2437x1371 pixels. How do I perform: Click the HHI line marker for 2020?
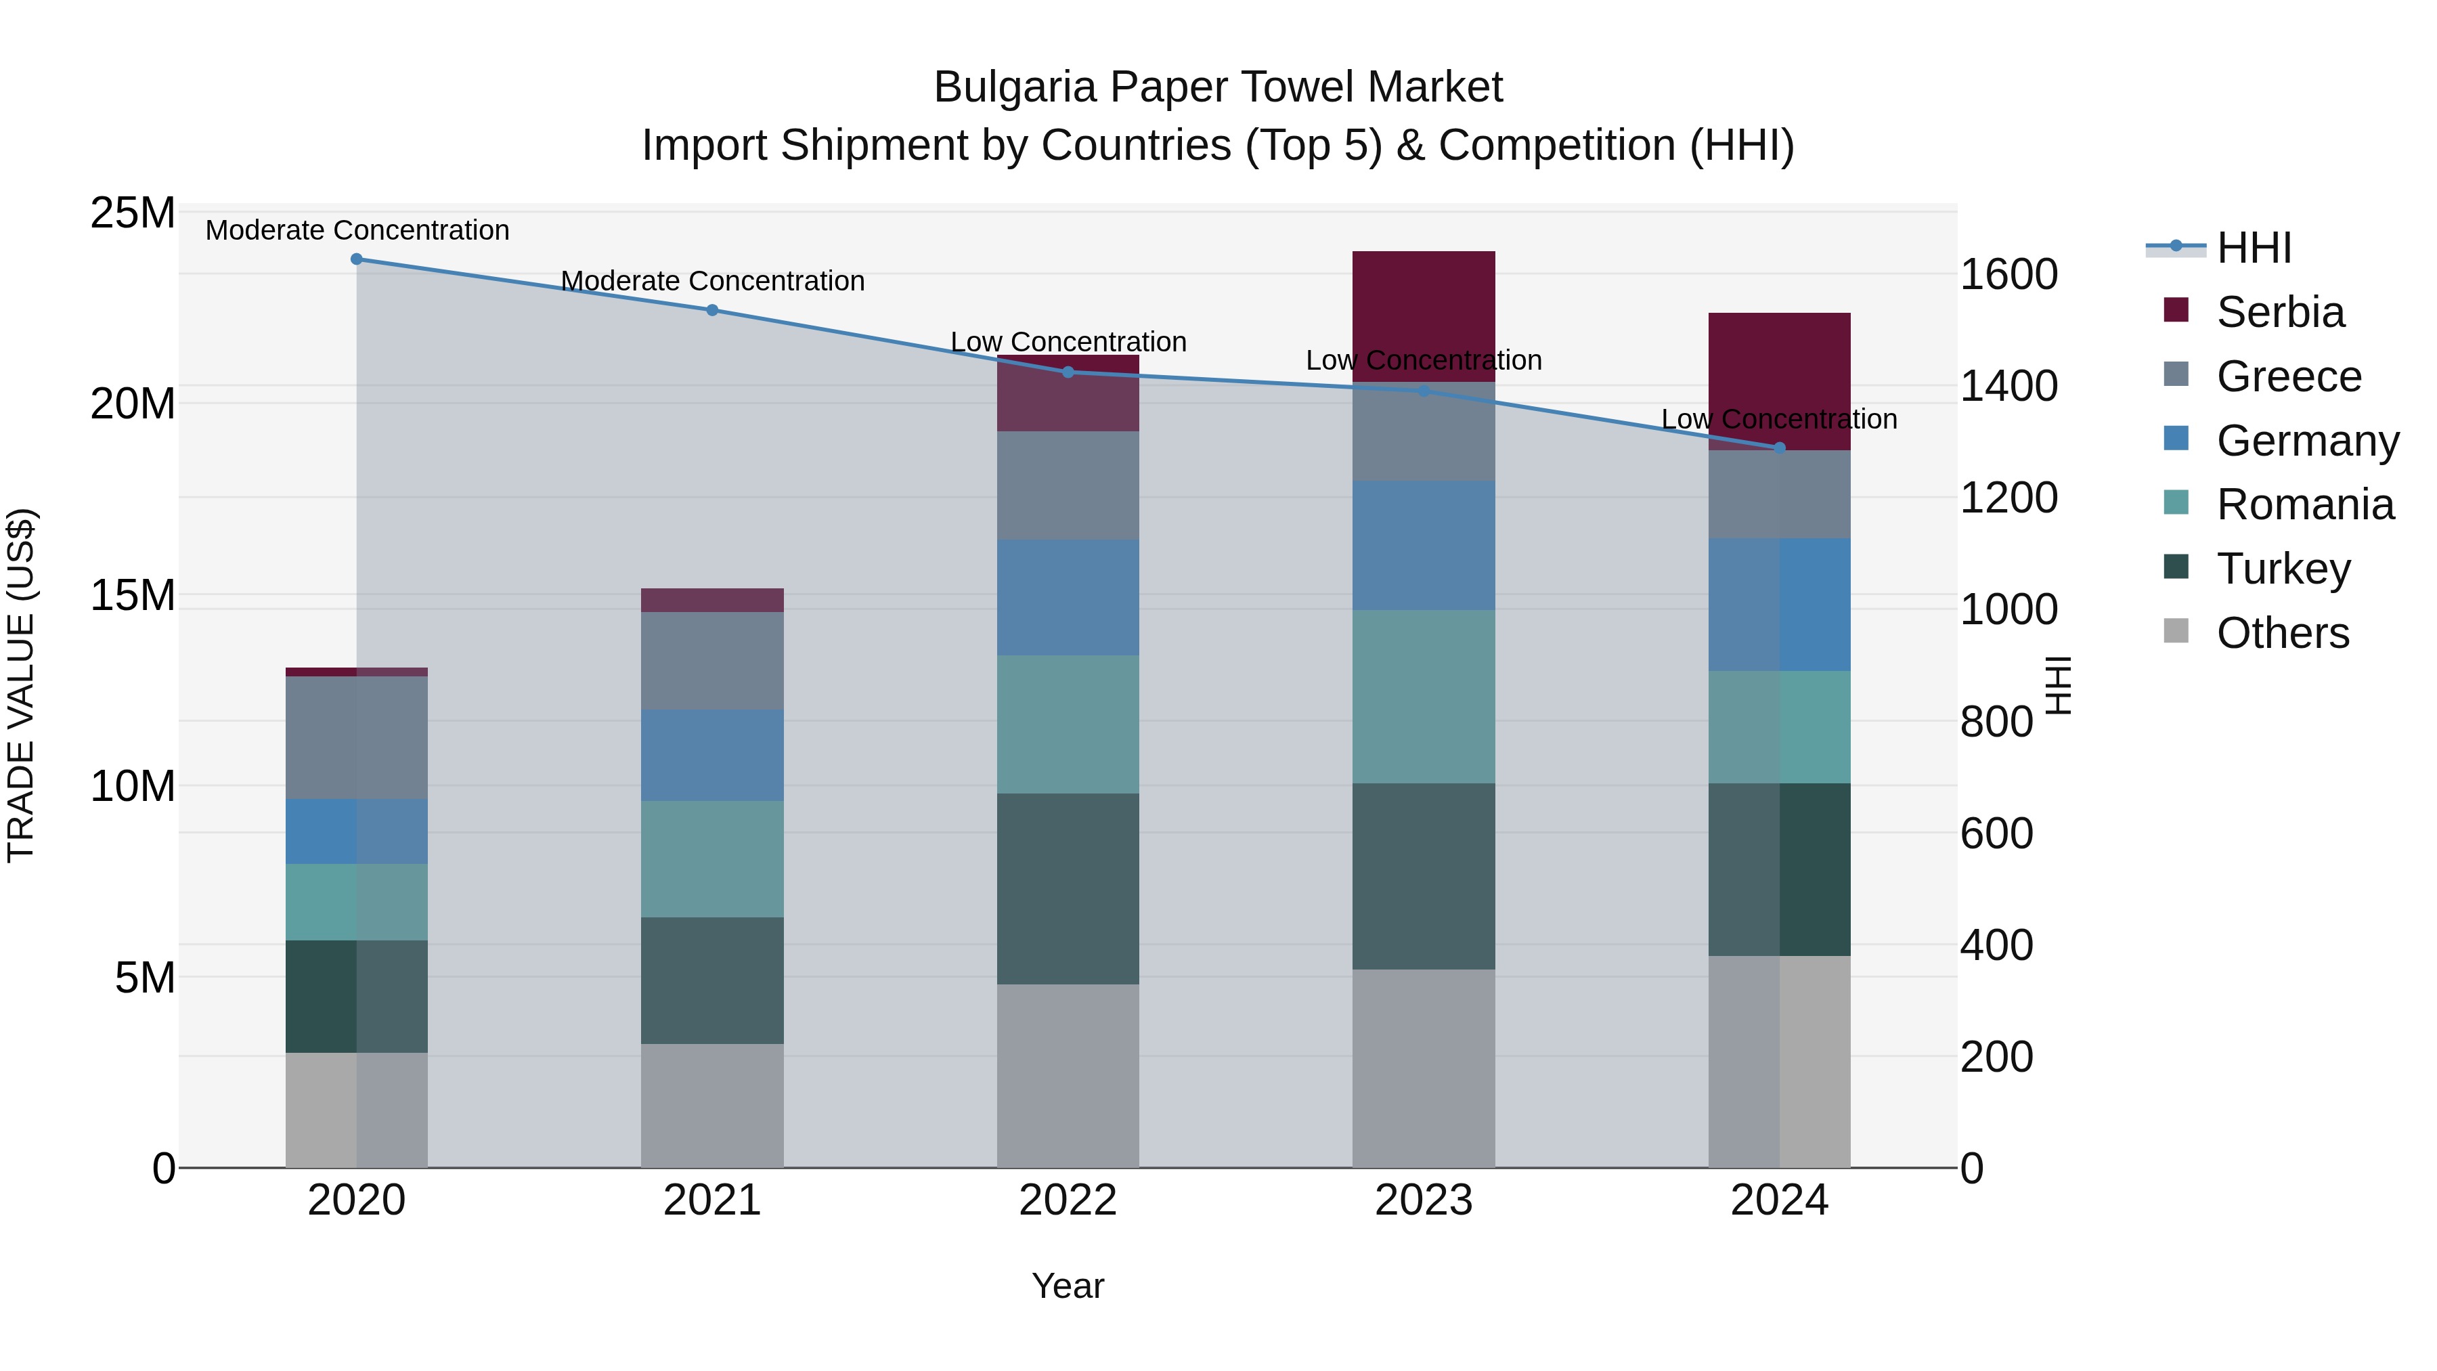tap(357, 259)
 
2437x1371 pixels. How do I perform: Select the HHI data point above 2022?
tap(1068, 372)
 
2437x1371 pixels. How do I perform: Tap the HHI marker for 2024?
tap(1780, 448)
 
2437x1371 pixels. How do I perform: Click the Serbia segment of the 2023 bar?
tap(1424, 316)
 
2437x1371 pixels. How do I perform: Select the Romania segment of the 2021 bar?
tap(712, 859)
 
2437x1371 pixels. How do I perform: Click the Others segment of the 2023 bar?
tap(1424, 1068)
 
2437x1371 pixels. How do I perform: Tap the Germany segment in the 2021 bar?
tap(712, 755)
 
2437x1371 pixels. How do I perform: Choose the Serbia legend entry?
tap(2280, 312)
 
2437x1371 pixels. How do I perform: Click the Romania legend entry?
tap(2304, 504)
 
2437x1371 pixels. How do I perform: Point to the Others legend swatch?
tap(2176, 631)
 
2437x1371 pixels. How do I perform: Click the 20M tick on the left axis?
tap(133, 404)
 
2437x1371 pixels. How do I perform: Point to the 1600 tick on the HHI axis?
tap(2008, 274)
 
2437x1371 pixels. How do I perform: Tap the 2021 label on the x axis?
tap(712, 1200)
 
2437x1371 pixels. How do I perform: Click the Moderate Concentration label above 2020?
tap(357, 230)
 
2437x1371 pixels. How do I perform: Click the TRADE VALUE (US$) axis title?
tap(21, 686)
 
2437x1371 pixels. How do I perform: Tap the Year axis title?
tap(1068, 1286)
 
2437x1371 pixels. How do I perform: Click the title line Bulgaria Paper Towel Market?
tap(1218, 87)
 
